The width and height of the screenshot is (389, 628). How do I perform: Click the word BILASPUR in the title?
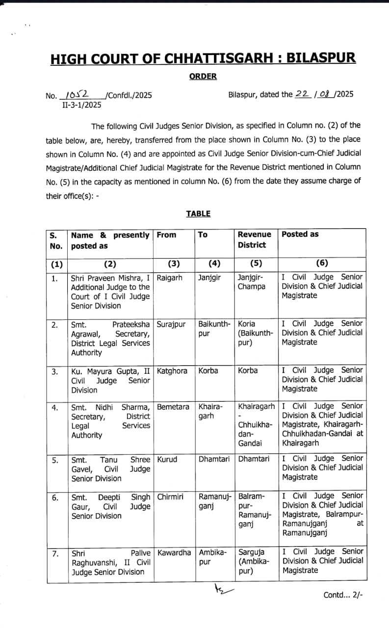[321, 58]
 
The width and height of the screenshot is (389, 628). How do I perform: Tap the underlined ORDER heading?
[203, 77]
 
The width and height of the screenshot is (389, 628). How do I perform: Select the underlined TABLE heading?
[198, 213]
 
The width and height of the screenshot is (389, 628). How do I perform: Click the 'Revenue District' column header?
[254, 239]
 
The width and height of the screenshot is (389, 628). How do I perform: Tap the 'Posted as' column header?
[300, 235]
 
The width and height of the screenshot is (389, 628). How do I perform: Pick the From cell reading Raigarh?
[169, 278]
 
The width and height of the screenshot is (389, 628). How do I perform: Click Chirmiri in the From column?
[170, 497]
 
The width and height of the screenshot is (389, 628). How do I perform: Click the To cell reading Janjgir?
[209, 278]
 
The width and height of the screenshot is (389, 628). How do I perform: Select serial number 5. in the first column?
[55, 460]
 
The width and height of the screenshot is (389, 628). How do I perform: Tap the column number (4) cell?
[214, 264]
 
